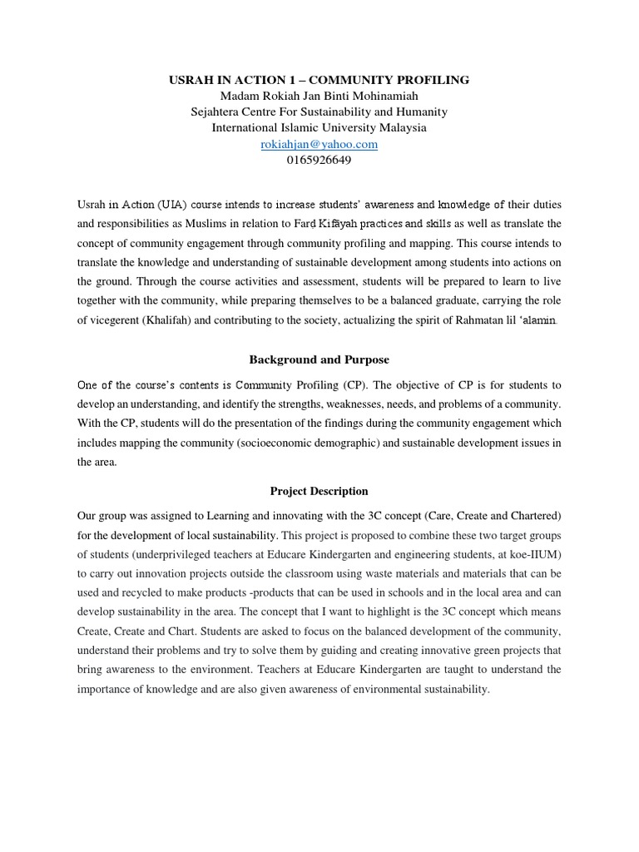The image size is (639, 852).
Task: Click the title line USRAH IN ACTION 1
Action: [319, 80]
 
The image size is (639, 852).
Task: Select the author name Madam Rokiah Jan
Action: [319, 96]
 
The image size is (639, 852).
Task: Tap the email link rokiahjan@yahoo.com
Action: [319, 144]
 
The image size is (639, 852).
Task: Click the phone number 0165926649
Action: [319, 160]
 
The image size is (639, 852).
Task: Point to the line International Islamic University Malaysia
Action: [319, 128]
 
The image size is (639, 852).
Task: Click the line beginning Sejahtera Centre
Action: [319, 111]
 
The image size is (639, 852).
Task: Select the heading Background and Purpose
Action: [319, 359]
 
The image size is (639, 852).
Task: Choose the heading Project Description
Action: [319, 491]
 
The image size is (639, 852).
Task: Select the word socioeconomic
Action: [287, 443]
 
